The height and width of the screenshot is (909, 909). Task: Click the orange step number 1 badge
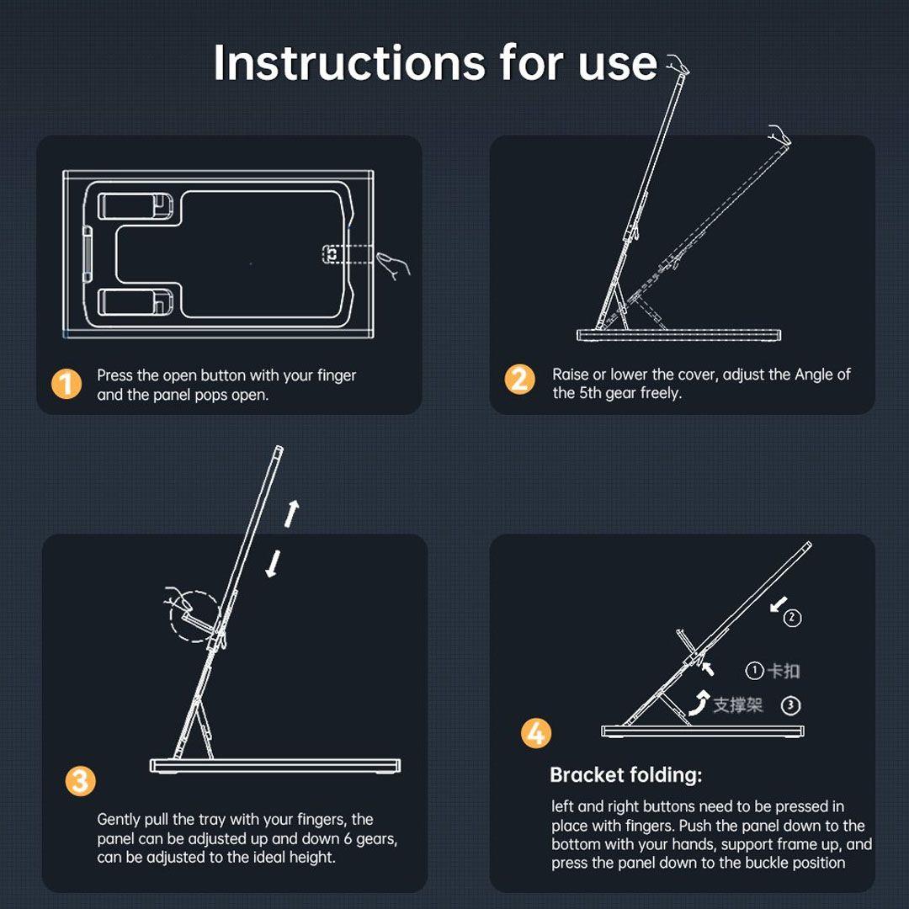click(66, 385)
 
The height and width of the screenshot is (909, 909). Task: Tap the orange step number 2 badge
click(519, 379)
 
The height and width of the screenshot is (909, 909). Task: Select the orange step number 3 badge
click(80, 781)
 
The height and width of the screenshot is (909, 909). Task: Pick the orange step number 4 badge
click(535, 733)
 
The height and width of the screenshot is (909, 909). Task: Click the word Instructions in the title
click(349, 62)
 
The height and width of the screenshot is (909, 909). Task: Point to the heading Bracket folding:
click(625, 775)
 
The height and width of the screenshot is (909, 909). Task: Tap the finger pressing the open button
click(394, 265)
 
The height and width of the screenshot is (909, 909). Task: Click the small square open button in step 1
click(332, 254)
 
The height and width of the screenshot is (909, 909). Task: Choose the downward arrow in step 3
click(273, 563)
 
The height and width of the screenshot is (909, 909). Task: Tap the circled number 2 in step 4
click(793, 618)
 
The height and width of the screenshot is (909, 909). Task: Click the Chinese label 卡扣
click(784, 672)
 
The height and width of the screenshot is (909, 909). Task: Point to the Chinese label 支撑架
click(738, 705)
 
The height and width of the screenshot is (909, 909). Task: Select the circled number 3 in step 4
click(790, 705)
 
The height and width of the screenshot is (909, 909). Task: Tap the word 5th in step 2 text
click(592, 393)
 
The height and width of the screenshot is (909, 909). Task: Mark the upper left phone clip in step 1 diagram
click(135, 206)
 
